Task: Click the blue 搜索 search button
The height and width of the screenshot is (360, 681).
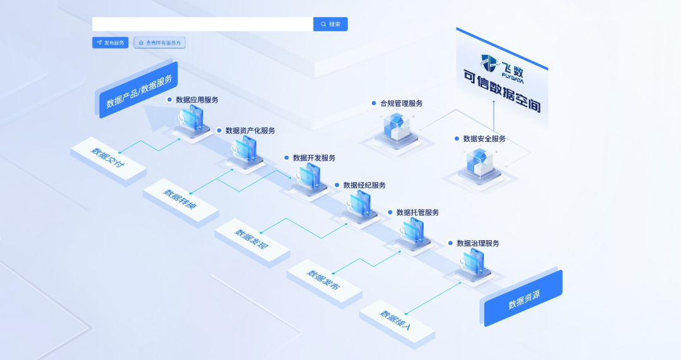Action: click(x=330, y=24)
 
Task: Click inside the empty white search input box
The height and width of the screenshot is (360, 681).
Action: click(x=202, y=24)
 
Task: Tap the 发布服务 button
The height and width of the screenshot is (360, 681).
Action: click(x=110, y=43)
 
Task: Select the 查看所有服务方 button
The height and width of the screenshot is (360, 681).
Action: click(x=160, y=43)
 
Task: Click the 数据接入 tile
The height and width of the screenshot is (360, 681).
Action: click(x=397, y=322)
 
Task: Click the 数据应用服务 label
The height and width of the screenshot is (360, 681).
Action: click(x=197, y=100)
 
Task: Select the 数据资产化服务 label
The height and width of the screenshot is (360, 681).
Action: click(x=250, y=131)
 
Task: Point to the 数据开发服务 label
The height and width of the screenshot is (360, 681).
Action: click(x=314, y=158)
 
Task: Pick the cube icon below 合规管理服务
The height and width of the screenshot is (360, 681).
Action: click(x=396, y=127)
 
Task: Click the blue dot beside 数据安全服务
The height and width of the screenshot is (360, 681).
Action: click(x=457, y=139)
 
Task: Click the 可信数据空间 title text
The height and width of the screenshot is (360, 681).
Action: click(x=502, y=92)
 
